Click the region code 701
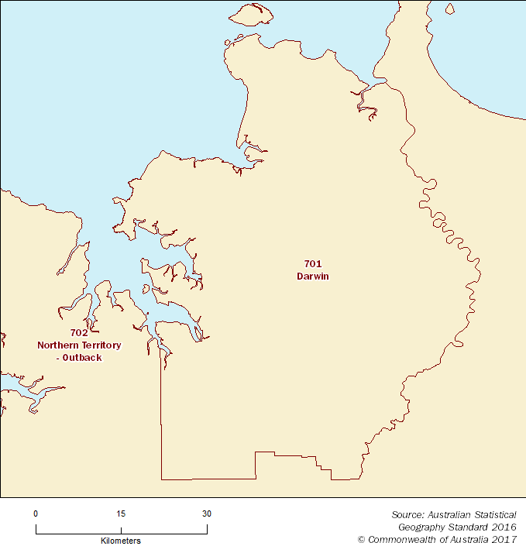pyautogui.click(x=313, y=264)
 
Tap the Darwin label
pyautogui.click(x=313, y=276)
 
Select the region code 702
pyautogui.click(x=68, y=332)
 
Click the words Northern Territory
pyautogui.click(x=79, y=345)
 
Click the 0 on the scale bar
pyautogui.click(x=36, y=513)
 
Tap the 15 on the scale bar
pyautogui.click(x=121, y=513)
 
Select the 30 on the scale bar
pyautogui.click(x=206, y=513)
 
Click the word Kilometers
pyautogui.click(x=121, y=541)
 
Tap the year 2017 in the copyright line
pyautogui.click(x=504, y=539)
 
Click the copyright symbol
pyautogui.click(x=361, y=539)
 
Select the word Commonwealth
pyautogui.click(x=400, y=539)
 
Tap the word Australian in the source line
pyautogui.click(x=450, y=514)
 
